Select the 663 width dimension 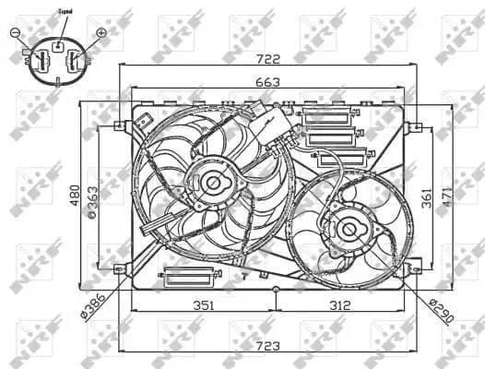pyautogui.click(x=267, y=81)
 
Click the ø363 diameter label pyautogui.click(x=95, y=200)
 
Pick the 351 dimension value pyautogui.click(x=204, y=305)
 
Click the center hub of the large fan pyautogui.click(x=214, y=183)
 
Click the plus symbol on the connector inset pyautogui.click(x=101, y=32)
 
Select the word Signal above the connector pyautogui.click(x=65, y=12)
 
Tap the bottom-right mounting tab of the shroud pyautogui.click(x=414, y=268)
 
